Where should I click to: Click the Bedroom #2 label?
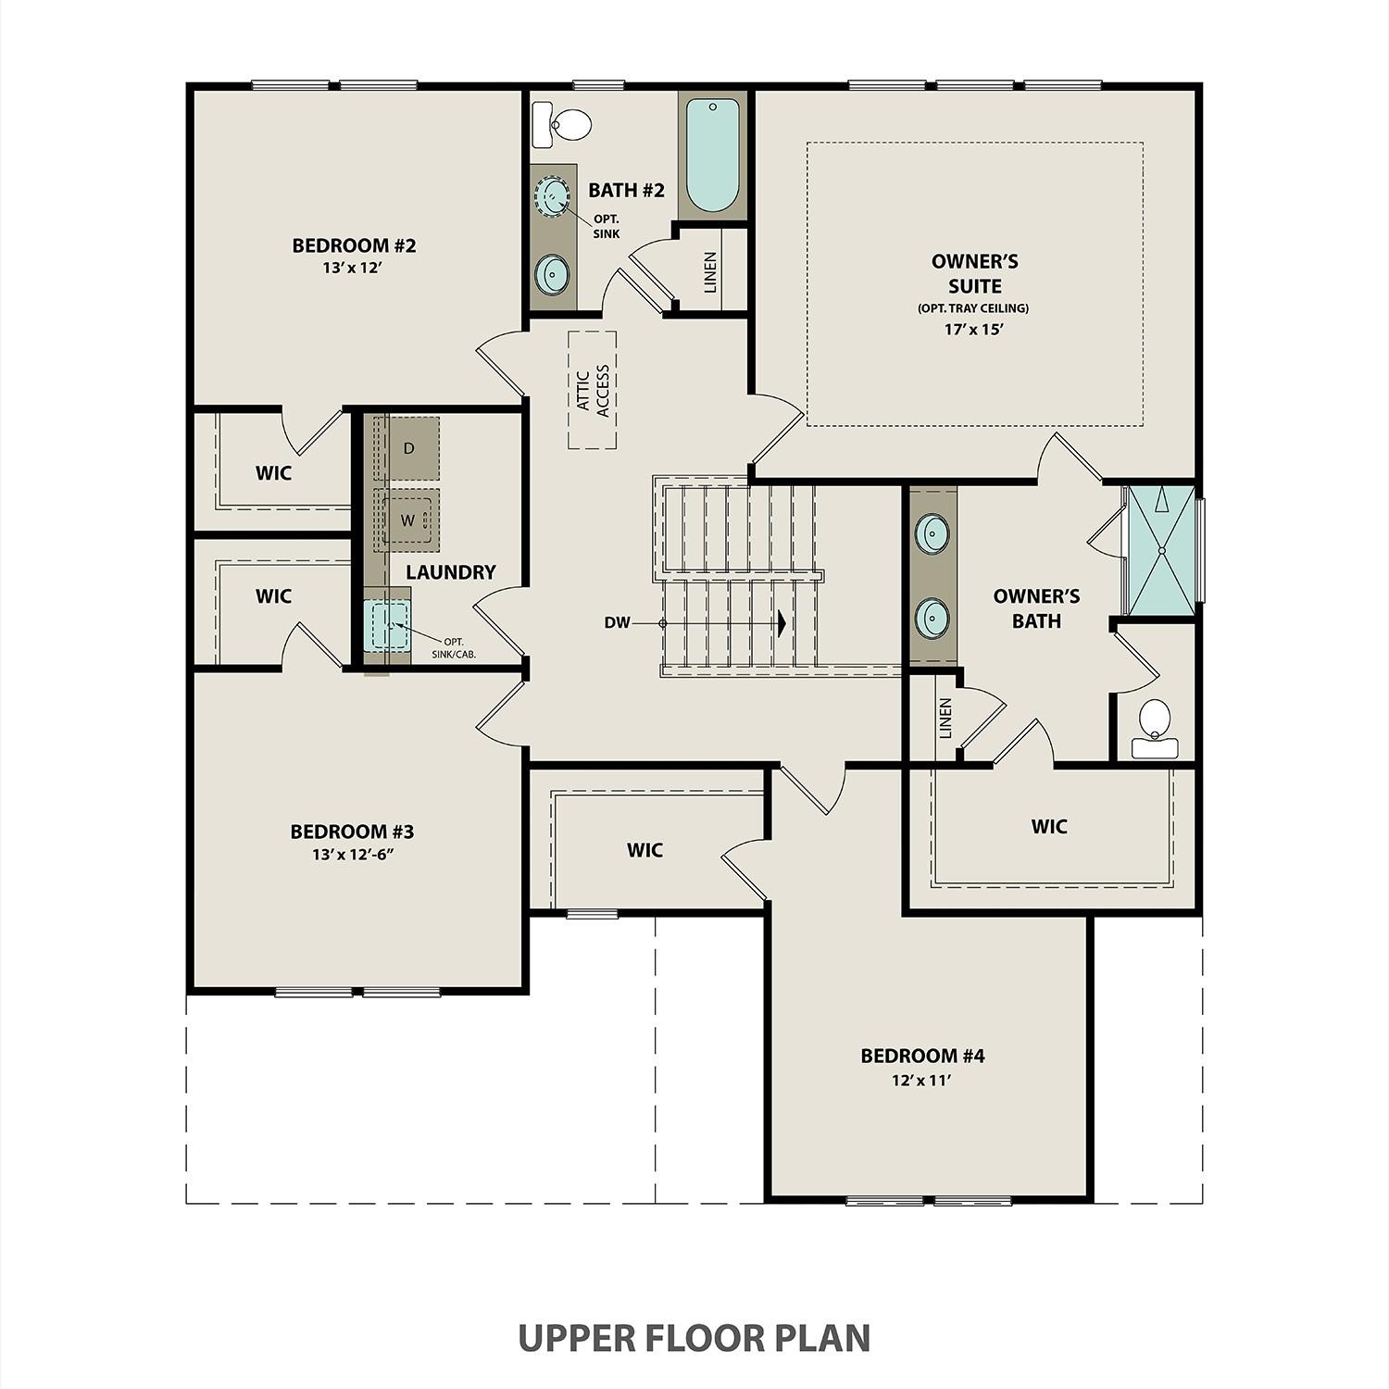(x=354, y=245)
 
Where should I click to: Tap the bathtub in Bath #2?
(x=712, y=156)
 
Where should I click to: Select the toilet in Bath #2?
(x=565, y=124)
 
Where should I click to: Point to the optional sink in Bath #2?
(x=554, y=196)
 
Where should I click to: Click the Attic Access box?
(x=593, y=390)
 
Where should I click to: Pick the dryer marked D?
(x=407, y=448)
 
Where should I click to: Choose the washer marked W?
(x=407, y=520)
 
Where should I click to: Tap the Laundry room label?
(x=450, y=572)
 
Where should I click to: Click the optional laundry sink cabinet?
(x=387, y=627)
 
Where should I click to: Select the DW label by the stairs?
(x=617, y=623)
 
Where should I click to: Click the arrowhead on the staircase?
(x=782, y=623)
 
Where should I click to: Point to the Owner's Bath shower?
(x=1160, y=550)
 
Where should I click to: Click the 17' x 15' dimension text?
(x=974, y=329)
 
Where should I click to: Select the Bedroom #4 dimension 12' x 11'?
(x=921, y=1080)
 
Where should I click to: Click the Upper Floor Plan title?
(x=694, y=1338)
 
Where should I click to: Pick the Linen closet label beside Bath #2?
(x=710, y=272)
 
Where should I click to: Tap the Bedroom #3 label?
(x=352, y=832)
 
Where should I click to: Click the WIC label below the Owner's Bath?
(x=1049, y=826)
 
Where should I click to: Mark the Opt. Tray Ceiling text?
(x=973, y=308)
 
